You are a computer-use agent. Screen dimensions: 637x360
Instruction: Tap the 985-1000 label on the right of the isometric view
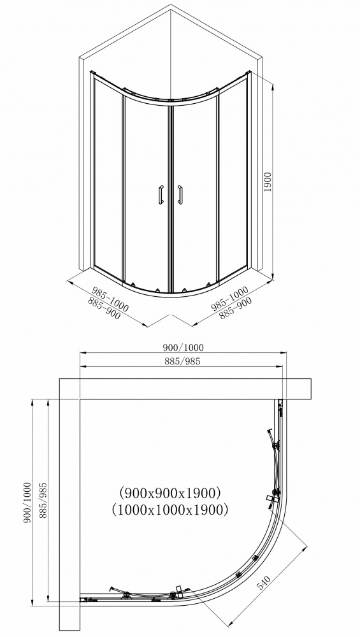229,297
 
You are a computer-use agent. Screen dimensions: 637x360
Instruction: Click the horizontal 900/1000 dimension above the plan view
182,347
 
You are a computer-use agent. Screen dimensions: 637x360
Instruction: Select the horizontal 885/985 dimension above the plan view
182,362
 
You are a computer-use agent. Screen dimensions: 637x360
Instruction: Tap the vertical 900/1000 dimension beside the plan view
27,501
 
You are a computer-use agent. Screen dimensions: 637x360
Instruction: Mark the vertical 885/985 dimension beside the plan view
43,501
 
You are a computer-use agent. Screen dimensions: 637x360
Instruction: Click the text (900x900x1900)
169,492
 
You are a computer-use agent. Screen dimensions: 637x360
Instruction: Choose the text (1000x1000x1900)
169,510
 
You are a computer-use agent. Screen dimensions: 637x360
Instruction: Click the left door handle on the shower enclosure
160,195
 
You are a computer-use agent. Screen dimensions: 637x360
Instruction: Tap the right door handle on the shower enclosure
181,195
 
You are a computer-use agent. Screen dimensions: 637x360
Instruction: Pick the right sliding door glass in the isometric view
195,191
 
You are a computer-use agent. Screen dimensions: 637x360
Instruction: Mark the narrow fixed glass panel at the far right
234,178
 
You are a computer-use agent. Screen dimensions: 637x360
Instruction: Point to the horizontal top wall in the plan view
185,389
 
